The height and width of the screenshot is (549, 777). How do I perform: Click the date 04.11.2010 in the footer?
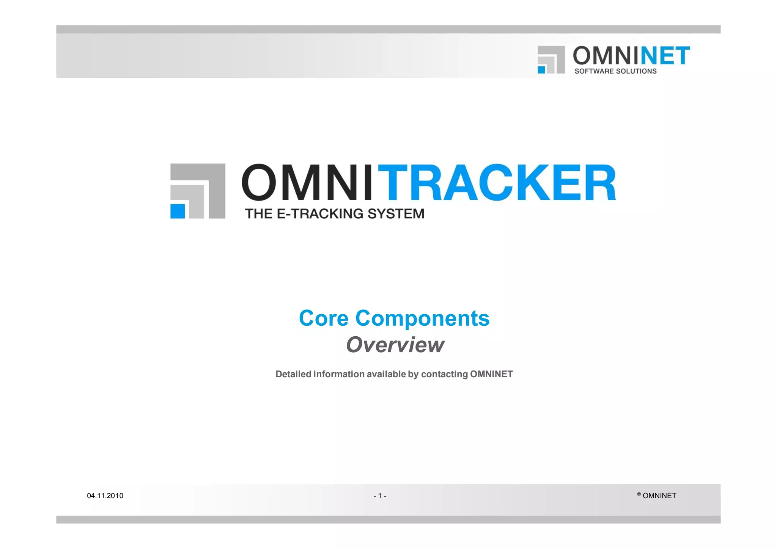[x=105, y=496]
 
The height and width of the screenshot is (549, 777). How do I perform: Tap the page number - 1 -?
[x=380, y=496]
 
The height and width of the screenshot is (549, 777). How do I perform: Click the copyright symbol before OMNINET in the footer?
[x=639, y=494]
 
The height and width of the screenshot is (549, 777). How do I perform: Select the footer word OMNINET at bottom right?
[x=659, y=496]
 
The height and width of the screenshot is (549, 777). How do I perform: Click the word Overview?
[x=395, y=345]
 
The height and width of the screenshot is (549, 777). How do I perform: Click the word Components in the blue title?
[x=422, y=318]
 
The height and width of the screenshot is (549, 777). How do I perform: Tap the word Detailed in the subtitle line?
[x=293, y=374]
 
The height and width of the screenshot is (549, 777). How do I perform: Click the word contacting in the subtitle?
[x=444, y=374]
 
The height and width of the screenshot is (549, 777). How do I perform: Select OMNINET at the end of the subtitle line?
[x=491, y=374]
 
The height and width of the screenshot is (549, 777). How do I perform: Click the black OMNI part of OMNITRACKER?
[x=307, y=182]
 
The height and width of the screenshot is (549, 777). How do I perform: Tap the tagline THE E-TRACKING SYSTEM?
[x=335, y=213]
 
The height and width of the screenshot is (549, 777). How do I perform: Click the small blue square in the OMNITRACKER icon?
[x=178, y=211]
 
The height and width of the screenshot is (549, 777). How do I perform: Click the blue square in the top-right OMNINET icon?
[x=541, y=70]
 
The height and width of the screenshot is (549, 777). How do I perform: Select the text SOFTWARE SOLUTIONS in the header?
[x=615, y=71]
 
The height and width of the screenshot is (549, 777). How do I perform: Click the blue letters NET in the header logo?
[x=665, y=56]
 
